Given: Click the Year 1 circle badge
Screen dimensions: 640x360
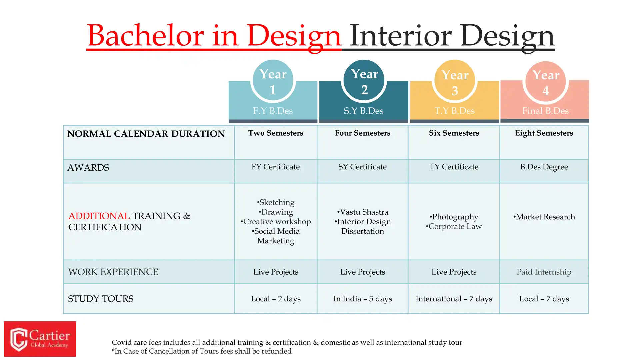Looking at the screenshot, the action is (x=273, y=80).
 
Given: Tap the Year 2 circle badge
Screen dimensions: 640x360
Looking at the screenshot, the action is (x=364, y=80).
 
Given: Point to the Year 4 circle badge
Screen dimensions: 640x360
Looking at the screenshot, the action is (x=546, y=81).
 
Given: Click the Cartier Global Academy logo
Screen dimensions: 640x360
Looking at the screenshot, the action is (x=40, y=339).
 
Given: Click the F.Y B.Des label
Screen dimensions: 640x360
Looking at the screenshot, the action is (x=273, y=111).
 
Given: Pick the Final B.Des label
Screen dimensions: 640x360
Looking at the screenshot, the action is (x=545, y=111).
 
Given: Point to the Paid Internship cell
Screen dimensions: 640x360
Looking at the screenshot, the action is (x=544, y=272).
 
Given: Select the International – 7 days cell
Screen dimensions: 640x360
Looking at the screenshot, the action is (x=454, y=299).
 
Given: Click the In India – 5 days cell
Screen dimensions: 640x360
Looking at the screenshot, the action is (x=363, y=299).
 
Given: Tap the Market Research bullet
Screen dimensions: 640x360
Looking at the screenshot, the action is (x=544, y=217).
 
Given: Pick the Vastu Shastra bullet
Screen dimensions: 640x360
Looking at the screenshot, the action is (x=363, y=212).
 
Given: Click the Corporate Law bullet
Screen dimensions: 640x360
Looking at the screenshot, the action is (x=454, y=227).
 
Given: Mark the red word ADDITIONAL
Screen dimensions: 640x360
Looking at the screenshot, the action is (x=99, y=216).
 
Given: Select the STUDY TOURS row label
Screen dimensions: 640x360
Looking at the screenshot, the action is (x=101, y=299).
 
